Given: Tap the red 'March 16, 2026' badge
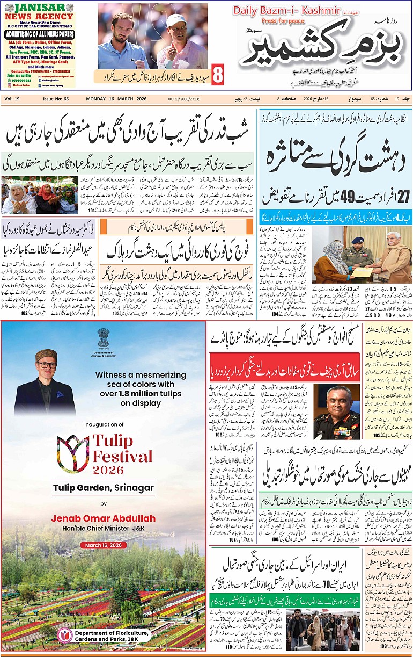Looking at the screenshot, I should pyautogui.click(x=103, y=545).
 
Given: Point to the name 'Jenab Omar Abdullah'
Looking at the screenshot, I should pyautogui.click(x=104, y=518).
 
